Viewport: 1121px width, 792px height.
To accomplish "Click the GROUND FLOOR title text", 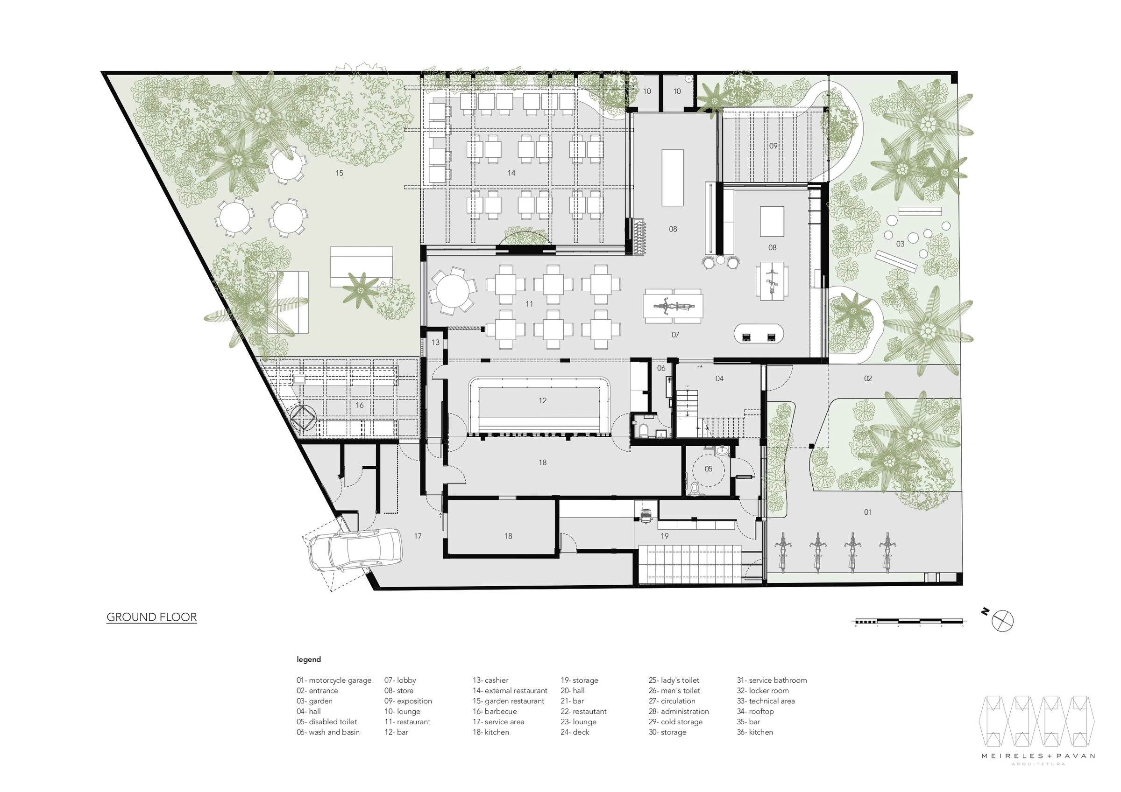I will click(151, 617).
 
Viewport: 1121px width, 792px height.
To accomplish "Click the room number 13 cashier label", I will click(435, 343).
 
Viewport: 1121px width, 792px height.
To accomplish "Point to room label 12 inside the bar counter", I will click(542, 400).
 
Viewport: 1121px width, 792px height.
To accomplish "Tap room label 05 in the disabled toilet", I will click(709, 469).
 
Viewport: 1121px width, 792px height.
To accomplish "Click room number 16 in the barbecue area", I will click(359, 405).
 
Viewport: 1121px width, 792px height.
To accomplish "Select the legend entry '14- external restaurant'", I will click(510, 691).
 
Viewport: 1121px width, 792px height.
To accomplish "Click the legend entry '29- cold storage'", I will click(675, 722).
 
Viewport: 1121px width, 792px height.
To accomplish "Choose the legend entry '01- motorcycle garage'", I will click(333, 680).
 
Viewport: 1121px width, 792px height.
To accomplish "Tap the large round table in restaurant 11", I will click(452, 290).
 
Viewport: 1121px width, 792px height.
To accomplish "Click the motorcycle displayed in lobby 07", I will click(673, 307).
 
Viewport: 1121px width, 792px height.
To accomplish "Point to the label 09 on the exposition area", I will click(773, 146).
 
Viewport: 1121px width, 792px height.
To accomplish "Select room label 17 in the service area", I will click(418, 536).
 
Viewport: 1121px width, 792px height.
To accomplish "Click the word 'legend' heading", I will click(309, 659).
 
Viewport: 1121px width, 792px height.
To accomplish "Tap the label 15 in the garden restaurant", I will click(339, 173).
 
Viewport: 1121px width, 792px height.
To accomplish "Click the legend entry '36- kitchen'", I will click(755, 732).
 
